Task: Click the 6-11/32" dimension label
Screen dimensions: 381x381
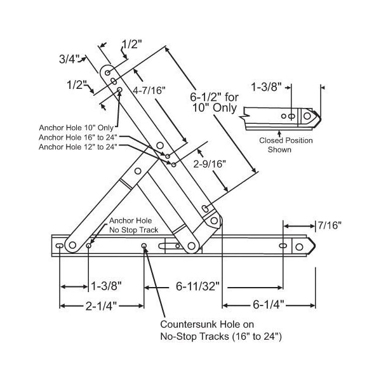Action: [197, 286]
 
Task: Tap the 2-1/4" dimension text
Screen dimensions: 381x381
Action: [101, 306]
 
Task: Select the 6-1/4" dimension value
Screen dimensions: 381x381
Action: [268, 304]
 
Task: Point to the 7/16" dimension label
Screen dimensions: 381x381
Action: [330, 225]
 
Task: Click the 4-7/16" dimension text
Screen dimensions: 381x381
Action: [149, 90]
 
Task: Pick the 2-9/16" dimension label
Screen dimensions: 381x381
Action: [210, 164]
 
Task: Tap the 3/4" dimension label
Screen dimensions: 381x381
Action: [69, 59]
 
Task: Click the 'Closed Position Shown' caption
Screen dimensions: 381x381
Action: [286, 145]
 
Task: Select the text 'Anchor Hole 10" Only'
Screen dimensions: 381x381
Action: [76, 128]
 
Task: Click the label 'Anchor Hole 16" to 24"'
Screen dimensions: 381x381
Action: [77, 137]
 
